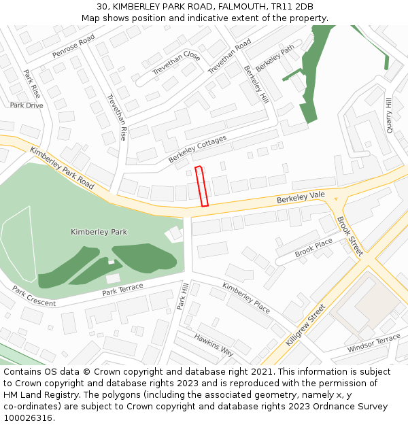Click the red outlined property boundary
[201, 186]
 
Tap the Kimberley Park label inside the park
[99, 232]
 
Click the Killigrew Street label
[306, 325]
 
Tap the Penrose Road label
[73, 47]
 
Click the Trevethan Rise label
[117, 117]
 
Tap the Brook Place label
[313, 248]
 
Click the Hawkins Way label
[214, 345]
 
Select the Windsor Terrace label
[373, 343]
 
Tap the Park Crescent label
[34, 296]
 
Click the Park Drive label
[27, 105]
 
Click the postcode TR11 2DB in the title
[293, 7]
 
